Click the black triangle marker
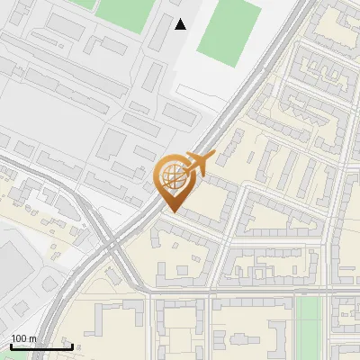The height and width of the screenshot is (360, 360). (x=181, y=24)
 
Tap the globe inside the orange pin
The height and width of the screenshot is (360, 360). (x=174, y=177)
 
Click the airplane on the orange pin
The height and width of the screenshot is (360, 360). (x=200, y=163)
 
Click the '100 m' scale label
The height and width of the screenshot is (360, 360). (x=23, y=338)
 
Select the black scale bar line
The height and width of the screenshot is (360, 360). (x=41, y=346)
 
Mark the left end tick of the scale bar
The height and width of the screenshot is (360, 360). (x=11, y=346)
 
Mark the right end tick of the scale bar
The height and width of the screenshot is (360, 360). (x=72, y=346)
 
